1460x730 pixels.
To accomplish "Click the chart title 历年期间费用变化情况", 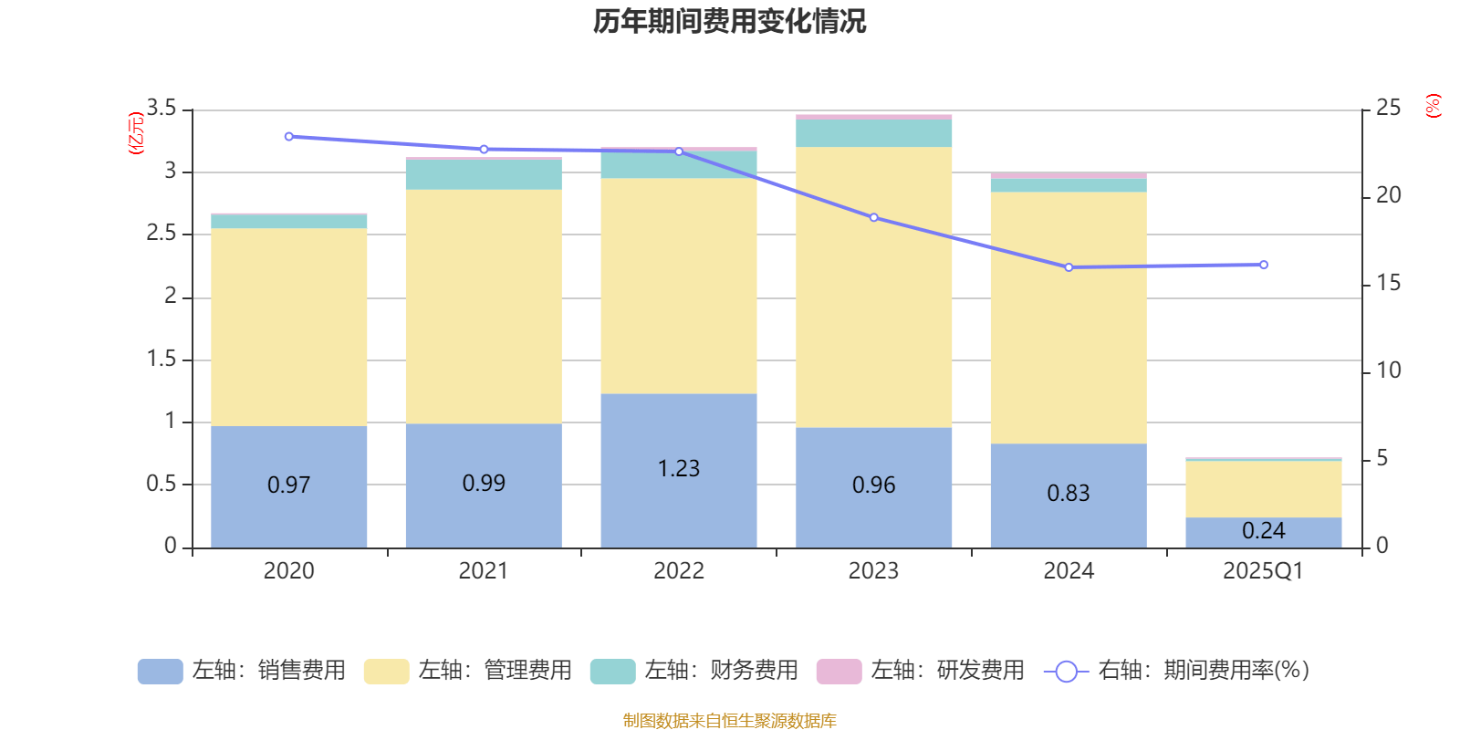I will pyautogui.click(x=729, y=21).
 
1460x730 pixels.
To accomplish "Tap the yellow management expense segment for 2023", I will pyautogui.click(x=873, y=287).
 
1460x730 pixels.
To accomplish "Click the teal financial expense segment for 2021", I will pyautogui.click(x=483, y=174).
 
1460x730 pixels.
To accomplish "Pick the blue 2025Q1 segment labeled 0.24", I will pyautogui.click(x=1263, y=532).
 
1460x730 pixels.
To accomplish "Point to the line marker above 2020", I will pyautogui.click(x=289, y=137).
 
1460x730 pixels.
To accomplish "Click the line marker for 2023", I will pyautogui.click(x=873, y=218).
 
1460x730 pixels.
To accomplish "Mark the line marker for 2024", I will pyautogui.click(x=1069, y=267).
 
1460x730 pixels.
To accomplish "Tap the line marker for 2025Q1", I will pyautogui.click(x=1263, y=266).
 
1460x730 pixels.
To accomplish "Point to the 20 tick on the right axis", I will pyautogui.click(x=1388, y=195).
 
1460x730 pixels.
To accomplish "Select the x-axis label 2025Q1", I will pyautogui.click(x=1263, y=571).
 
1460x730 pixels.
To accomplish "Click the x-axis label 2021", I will pyautogui.click(x=483, y=571).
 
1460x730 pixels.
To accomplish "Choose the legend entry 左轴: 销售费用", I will pyautogui.click(x=242, y=671).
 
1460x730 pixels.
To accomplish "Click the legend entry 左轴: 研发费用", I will pyautogui.click(x=921, y=671).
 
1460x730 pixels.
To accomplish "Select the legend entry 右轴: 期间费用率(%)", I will pyautogui.click(x=1177, y=671).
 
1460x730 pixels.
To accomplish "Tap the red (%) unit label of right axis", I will pyautogui.click(x=1433, y=106).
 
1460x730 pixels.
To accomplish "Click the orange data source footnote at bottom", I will pyautogui.click(x=729, y=721).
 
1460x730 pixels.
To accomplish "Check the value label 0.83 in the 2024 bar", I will pyautogui.click(x=1069, y=494).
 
